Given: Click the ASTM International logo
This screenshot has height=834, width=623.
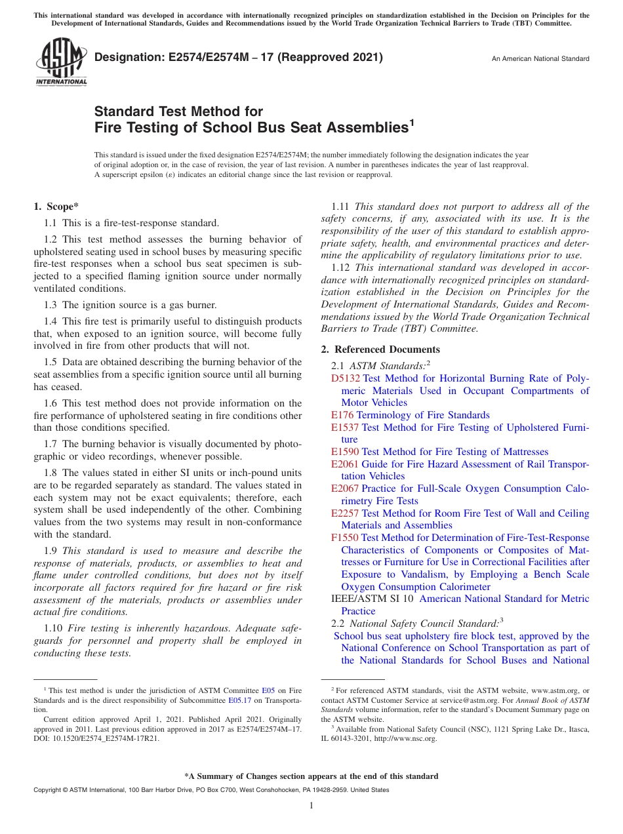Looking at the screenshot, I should pyautogui.click(x=60, y=62).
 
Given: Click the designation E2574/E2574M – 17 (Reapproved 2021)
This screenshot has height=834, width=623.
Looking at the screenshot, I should pyautogui.click(x=239, y=58).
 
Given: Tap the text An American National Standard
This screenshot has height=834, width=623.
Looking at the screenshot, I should pyautogui.click(x=540, y=59).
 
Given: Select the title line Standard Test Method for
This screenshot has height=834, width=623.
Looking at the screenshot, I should pyautogui.click(x=178, y=111).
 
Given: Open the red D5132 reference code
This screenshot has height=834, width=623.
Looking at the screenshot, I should pyautogui.click(x=346, y=378).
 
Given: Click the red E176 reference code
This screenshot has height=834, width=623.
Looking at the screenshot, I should pyautogui.click(x=342, y=415).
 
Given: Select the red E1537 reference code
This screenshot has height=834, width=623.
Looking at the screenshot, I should pyautogui.click(x=345, y=427).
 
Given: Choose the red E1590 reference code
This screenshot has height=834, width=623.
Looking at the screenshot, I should pyautogui.click(x=345, y=452).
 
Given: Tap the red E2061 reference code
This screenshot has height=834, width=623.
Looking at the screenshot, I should pyautogui.click(x=345, y=464).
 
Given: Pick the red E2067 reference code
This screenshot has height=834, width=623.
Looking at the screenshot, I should pyautogui.click(x=345, y=488).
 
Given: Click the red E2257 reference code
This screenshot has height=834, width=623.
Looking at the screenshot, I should pyautogui.click(x=345, y=513).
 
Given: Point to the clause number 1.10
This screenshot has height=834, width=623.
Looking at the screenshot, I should pyautogui.click(x=54, y=629).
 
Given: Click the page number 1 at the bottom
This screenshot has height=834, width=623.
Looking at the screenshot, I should pyautogui.click(x=311, y=806).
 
